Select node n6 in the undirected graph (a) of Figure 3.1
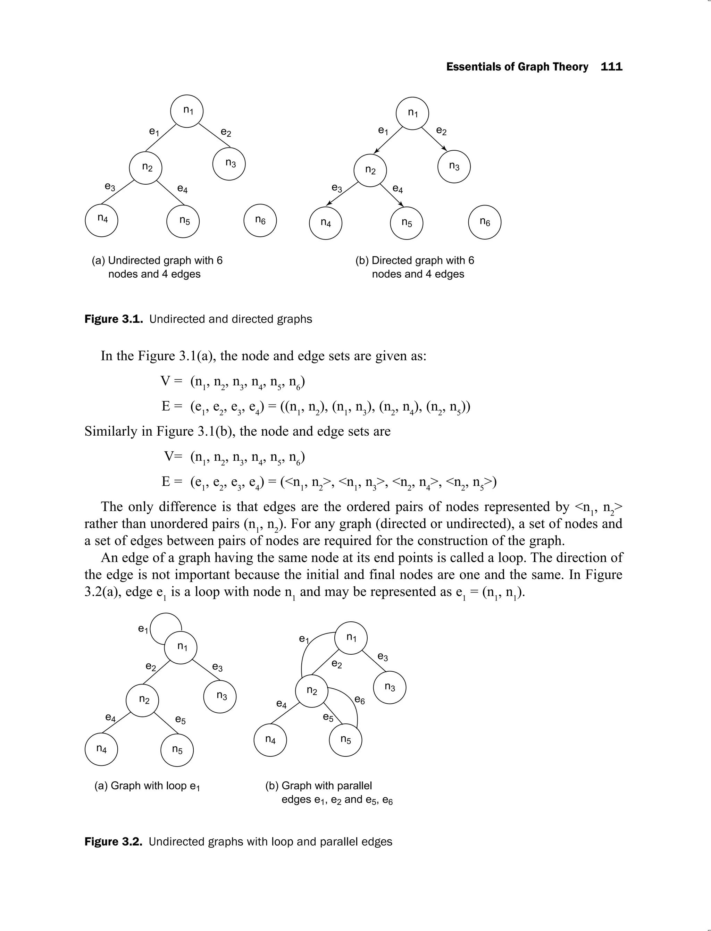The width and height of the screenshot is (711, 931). (x=260, y=220)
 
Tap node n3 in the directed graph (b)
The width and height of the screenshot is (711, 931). (x=454, y=166)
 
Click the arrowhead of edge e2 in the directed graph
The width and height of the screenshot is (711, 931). (x=445, y=148)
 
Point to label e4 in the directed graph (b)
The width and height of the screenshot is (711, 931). (x=398, y=189)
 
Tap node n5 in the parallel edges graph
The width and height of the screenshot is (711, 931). (x=346, y=739)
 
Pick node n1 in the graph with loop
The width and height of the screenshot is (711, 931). (x=181, y=647)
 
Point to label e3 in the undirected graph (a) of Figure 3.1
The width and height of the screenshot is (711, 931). (x=110, y=187)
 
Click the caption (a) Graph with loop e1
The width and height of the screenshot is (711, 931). (x=147, y=786)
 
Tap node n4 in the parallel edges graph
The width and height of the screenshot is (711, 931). (x=270, y=739)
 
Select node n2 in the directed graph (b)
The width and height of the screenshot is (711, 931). (x=370, y=170)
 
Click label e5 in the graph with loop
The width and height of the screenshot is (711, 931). (x=180, y=720)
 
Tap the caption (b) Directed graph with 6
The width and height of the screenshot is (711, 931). (x=415, y=260)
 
